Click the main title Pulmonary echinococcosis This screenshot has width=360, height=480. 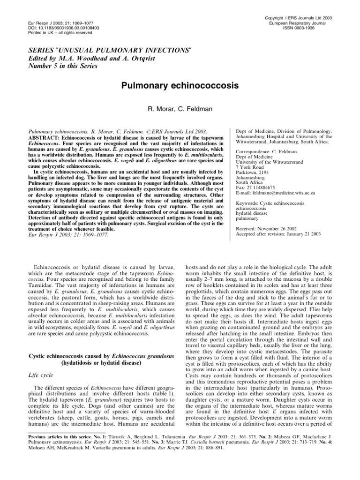coord(180,86)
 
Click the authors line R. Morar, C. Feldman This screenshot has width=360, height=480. coord(180,108)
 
